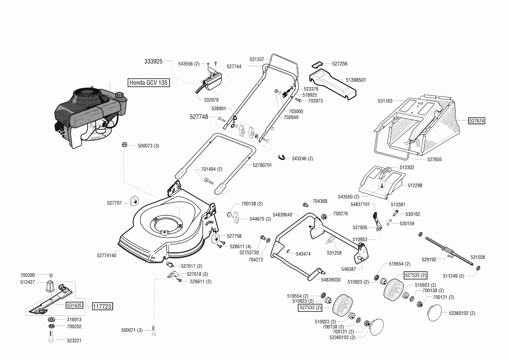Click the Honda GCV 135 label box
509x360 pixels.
pyautogui.click(x=149, y=82)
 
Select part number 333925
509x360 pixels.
pyautogui.click(x=153, y=61)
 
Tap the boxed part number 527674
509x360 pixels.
pyautogui.click(x=477, y=120)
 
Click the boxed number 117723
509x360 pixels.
pyautogui.click(x=102, y=306)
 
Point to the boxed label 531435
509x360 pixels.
pyautogui.click(x=74, y=305)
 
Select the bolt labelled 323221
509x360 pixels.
pyautogui.click(x=51, y=339)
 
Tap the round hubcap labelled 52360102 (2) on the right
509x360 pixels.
pyautogui.click(x=434, y=313)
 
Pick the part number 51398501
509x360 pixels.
pyautogui.click(x=356, y=80)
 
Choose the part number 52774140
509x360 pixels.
pyautogui.click(x=107, y=255)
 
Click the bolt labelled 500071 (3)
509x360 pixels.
pyautogui.click(x=154, y=331)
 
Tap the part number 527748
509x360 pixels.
pyautogui.click(x=199, y=117)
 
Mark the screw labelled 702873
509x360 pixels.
pyautogui.click(x=299, y=100)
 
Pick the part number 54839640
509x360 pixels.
pyautogui.click(x=282, y=215)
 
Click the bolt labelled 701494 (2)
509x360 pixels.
pyautogui.click(x=209, y=181)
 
